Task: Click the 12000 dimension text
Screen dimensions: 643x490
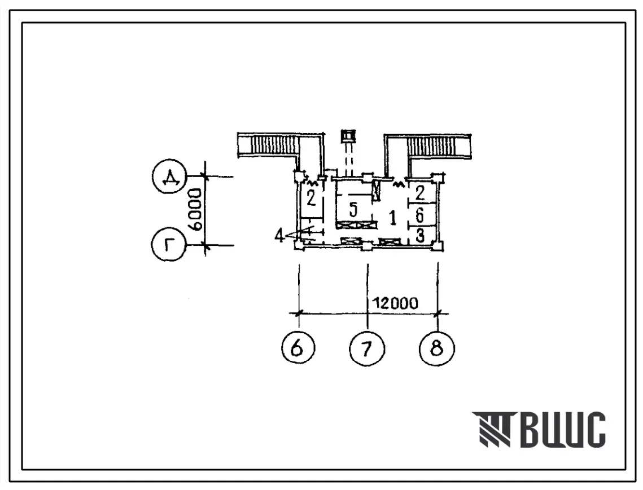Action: coord(395,303)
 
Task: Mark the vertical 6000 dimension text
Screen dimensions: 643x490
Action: coord(197,209)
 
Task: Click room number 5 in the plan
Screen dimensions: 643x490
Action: coord(353,210)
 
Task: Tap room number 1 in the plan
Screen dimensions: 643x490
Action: coord(393,218)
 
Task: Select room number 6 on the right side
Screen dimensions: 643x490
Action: coord(419,214)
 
